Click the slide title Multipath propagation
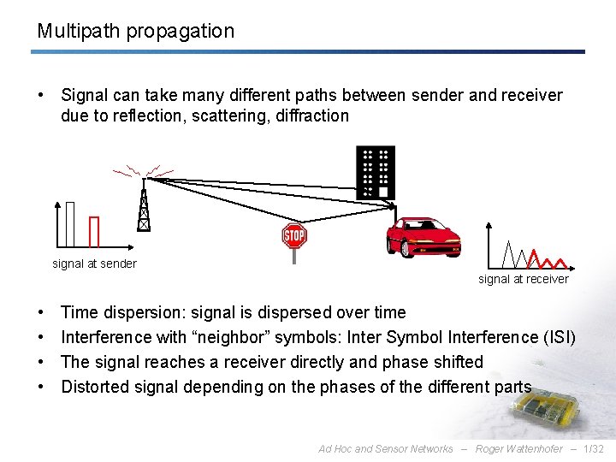pyautogui.click(x=135, y=32)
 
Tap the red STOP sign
pyautogui.click(x=294, y=235)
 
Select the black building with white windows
pyautogui.click(x=376, y=172)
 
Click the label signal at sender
pyautogui.click(x=94, y=264)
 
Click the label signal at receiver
pyautogui.click(x=523, y=279)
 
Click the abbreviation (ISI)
pyautogui.click(x=560, y=337)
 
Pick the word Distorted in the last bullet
pyautogui.click(x=95, y=387)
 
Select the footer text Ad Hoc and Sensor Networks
pyautogui.click(x=385, y=449)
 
